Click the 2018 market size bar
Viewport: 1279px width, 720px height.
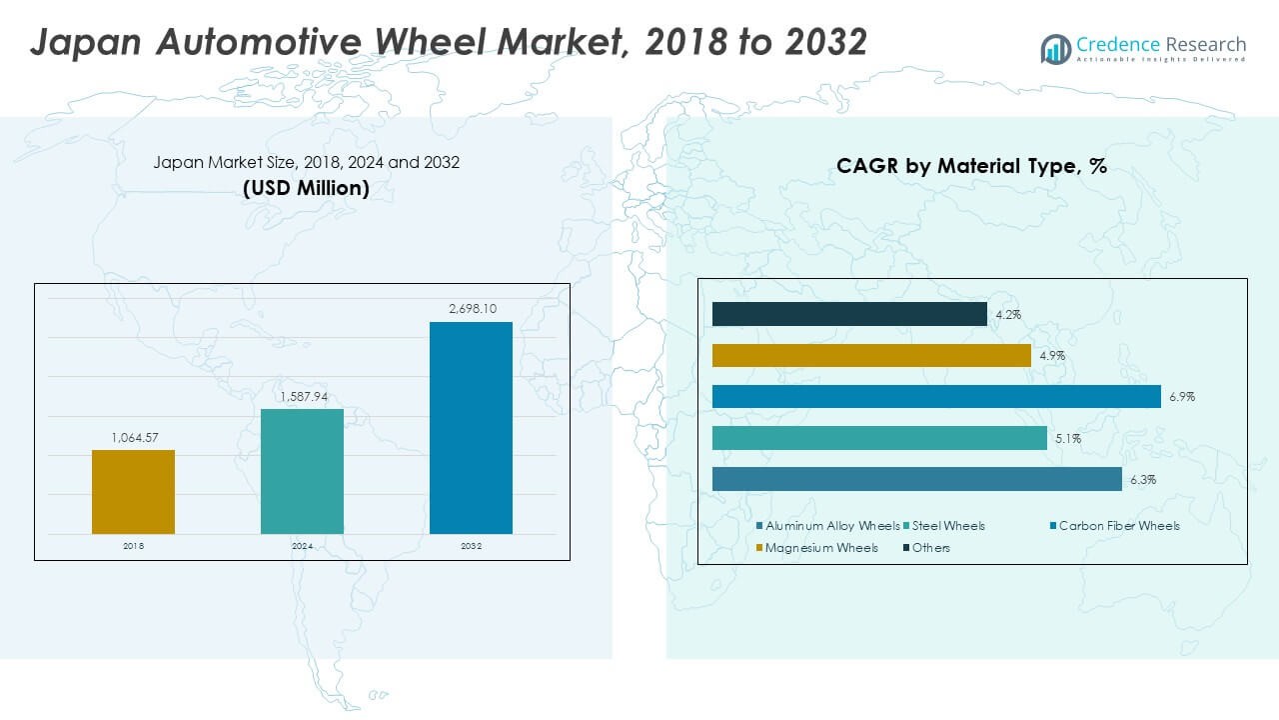pos(133,491)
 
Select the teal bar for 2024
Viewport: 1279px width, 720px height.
pos(302,471)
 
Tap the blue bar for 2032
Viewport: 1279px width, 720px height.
pos(471,427)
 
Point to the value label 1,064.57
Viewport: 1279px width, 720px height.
pos(133,437)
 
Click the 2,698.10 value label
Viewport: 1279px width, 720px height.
pos(471,309)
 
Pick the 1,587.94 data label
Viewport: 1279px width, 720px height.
pos(302,396)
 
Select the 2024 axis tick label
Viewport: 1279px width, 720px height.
pos(302,546)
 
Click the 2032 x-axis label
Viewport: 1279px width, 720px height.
pos(471,546)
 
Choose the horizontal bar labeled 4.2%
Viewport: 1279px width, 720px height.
pos(849,314)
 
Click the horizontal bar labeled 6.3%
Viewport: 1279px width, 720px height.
pos(916,480)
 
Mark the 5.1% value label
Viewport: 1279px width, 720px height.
pos(1067,438)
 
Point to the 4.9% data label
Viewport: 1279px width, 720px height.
pos(1051,356)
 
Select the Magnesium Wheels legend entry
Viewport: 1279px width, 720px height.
pos(821,548)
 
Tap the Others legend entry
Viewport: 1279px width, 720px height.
pos(930,548)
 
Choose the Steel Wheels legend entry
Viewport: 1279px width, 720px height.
pos(948,526)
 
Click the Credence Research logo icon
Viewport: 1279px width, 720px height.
pos(1055,48)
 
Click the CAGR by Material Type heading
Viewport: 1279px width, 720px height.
pos(971,167)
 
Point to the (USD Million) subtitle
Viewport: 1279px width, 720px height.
pos(306,187)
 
